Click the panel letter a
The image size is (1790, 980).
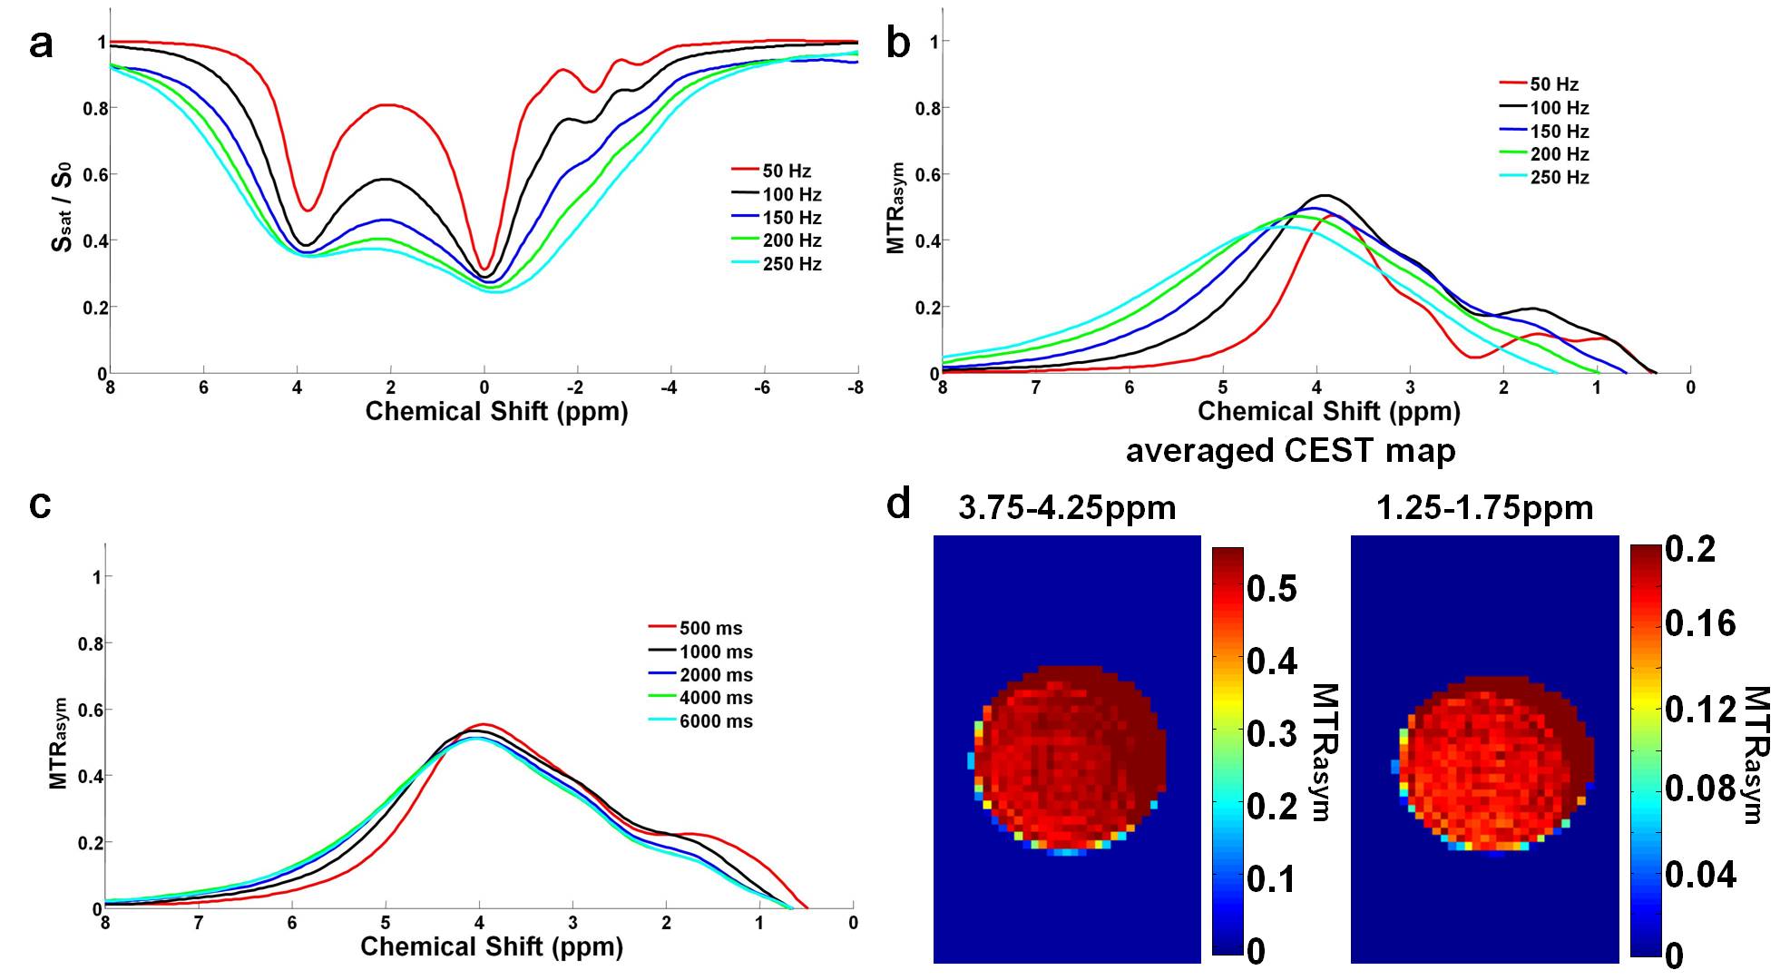41,43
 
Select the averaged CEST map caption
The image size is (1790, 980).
1290,450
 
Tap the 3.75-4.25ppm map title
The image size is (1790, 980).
1067,507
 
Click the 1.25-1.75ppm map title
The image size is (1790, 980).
1484,507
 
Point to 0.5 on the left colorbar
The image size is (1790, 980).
1271,589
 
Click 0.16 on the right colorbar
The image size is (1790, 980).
1700,623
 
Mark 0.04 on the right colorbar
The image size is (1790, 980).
1700,875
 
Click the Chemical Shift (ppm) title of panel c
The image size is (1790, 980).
492,946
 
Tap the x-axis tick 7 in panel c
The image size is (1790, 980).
199,924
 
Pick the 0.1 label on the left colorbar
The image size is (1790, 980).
1271,878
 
